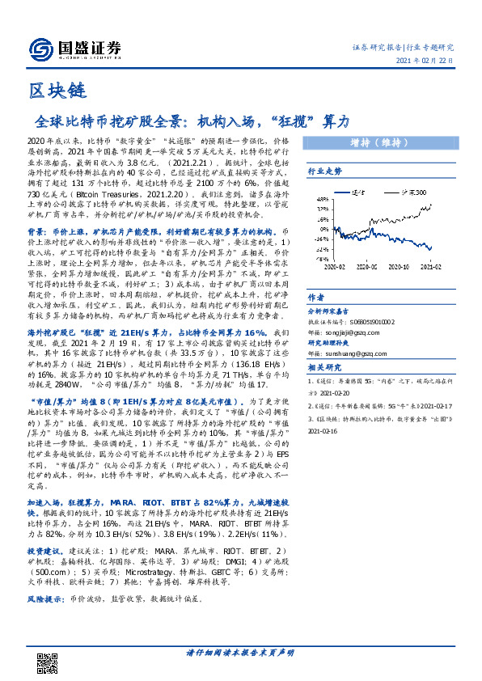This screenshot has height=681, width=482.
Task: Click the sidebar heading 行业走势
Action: point(324,171)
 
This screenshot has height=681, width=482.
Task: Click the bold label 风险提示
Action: point(45,599)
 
